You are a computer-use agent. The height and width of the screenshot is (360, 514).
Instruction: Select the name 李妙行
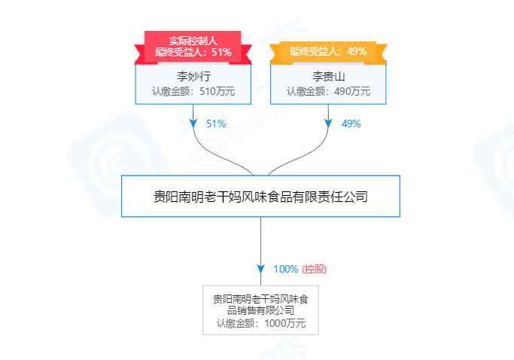coord(193,76)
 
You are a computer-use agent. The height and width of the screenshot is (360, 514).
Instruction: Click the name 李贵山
coord(328,77)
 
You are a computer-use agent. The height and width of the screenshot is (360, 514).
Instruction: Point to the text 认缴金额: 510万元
coord(193,91)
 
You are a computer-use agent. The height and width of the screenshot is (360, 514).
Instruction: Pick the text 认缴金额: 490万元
coord(328,91)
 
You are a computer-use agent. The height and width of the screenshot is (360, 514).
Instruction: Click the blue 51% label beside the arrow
coord(216,124)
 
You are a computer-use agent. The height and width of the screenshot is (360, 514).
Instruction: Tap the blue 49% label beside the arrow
coord(351,124)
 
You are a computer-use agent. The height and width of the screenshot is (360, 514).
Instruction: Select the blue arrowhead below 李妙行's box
coord(193,123)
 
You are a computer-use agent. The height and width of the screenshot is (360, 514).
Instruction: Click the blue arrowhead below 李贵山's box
coord(328,123)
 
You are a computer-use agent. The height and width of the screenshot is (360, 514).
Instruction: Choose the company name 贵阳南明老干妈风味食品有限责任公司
coord(260,197)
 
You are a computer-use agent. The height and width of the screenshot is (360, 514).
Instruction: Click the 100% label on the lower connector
coord(285,269)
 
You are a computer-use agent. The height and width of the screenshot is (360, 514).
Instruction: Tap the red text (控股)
coord(314,269)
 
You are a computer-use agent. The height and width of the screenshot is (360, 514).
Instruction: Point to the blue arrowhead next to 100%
coord(260,269)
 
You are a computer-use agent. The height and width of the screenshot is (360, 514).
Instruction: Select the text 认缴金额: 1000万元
coord(261,323)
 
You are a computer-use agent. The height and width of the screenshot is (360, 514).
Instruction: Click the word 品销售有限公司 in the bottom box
coord(260,310)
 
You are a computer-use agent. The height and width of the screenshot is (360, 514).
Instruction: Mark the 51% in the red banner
coord(221,52)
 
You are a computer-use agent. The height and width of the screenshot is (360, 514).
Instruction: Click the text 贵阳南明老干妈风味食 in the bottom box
coord(260,299)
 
